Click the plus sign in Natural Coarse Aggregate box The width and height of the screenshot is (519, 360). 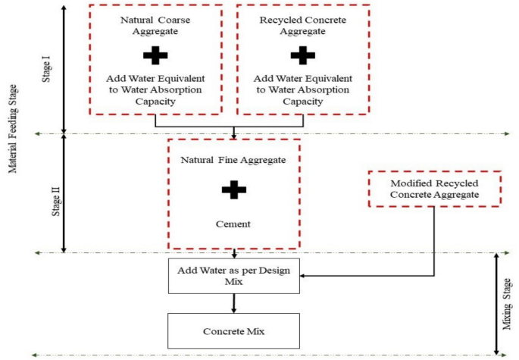pos(155,55)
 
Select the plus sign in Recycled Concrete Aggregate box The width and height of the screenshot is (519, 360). pos(302,55)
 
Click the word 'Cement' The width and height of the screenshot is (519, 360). pos(233,224)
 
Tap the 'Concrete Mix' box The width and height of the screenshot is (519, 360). pos(233,330)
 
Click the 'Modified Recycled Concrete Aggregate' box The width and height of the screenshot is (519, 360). pos(434,189)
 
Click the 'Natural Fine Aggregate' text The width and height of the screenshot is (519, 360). pos(233,160)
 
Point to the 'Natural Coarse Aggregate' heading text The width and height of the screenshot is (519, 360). pos(155,26)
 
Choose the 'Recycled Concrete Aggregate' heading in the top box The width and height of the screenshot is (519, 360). pos(302,26)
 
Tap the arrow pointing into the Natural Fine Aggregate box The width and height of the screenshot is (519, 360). pos(233,133)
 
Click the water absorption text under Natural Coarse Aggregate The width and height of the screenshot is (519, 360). pos(155,90)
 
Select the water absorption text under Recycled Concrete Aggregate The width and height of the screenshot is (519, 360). pos(302,90)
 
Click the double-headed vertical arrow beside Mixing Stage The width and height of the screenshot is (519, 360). pos(496,303)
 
